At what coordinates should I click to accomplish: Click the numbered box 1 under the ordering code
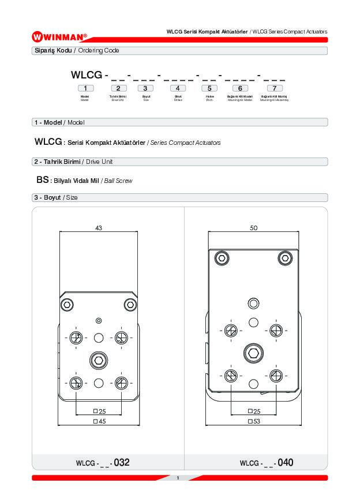point(85,88)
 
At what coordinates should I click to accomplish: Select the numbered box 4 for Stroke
point(178,88)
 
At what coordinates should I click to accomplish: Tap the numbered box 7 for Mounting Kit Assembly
point(274,88)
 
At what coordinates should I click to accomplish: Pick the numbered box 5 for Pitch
point(209,88)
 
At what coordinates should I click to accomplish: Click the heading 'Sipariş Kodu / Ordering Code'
point(77,51)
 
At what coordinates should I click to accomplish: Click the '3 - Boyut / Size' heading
point(56,197)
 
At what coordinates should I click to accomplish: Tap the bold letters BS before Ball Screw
point(42,180)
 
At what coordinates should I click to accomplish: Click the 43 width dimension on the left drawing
point(99,228)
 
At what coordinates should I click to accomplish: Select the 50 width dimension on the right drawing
point(253,228)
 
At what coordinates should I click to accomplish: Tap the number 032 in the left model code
point(122,462)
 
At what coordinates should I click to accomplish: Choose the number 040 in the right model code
point(285,462)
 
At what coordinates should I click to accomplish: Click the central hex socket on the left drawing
point(99,361)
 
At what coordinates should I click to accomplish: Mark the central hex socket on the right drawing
point(253,352)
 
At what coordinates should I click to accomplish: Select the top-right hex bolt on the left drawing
point(130,304)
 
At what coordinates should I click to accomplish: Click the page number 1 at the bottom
point(178,478)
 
